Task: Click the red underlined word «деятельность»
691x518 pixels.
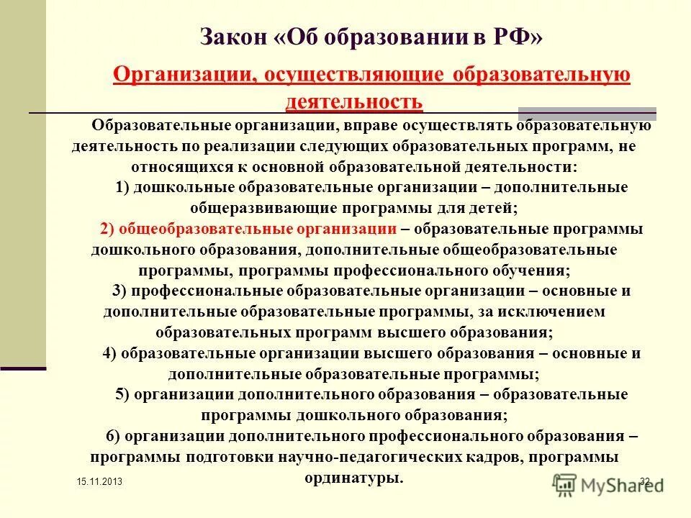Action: point(354,102)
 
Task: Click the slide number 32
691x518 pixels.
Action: point(644,481)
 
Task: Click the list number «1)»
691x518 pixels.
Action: point(122,188)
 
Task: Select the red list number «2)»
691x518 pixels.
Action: point(107,230)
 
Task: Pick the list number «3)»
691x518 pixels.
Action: point(120,291)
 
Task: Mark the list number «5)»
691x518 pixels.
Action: point(122,395)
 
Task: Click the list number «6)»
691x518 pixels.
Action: point(112,437)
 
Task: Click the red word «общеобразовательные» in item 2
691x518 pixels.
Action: point(204,230)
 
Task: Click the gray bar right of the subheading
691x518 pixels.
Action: point(587,112)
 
